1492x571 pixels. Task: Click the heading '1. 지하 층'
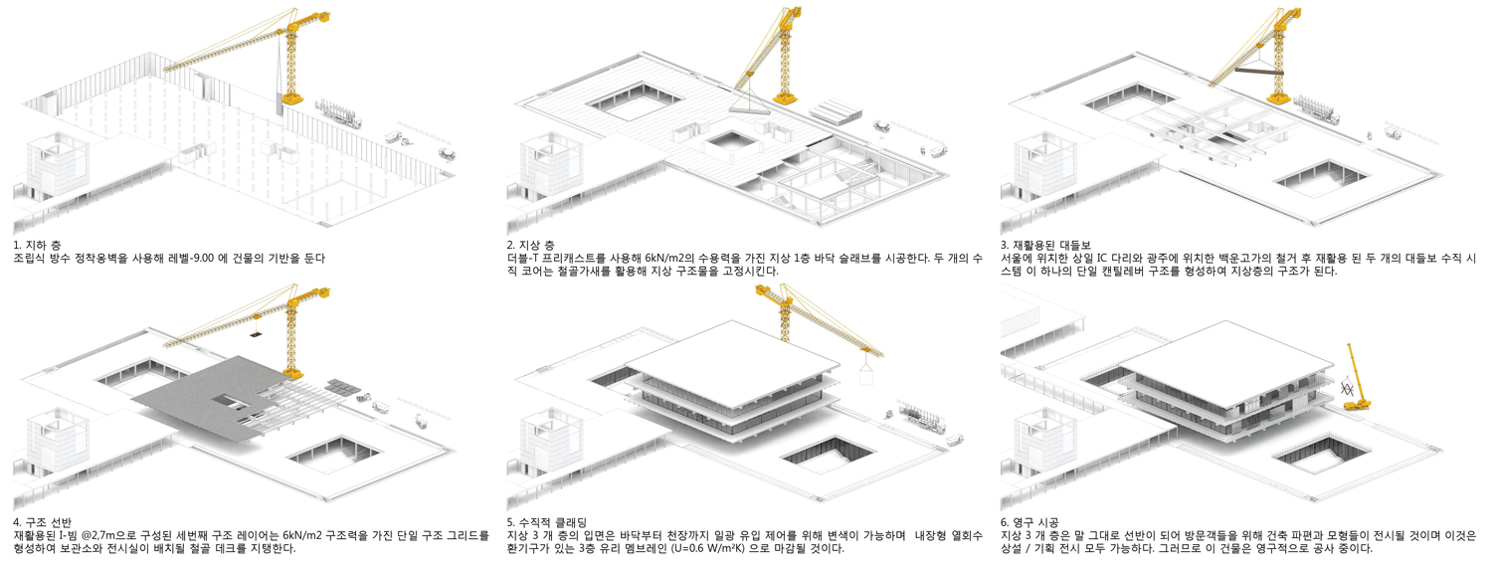[x=37, y=245]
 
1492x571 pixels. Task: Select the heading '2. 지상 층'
[x=530, y=245]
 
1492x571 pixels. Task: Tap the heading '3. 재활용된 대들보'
[x=1045, y=245]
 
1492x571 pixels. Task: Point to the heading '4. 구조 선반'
[x=42, y=523]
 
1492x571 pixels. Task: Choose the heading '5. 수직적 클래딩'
[x=546, y=523]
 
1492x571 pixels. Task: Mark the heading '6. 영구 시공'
[x=1029, y=523]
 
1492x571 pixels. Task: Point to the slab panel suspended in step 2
[x=750, y=107]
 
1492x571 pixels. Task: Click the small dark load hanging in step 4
[x=255, y=334]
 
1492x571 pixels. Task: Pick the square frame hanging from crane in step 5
[x=866, y=373]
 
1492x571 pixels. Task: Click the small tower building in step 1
[x=58, y=164]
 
